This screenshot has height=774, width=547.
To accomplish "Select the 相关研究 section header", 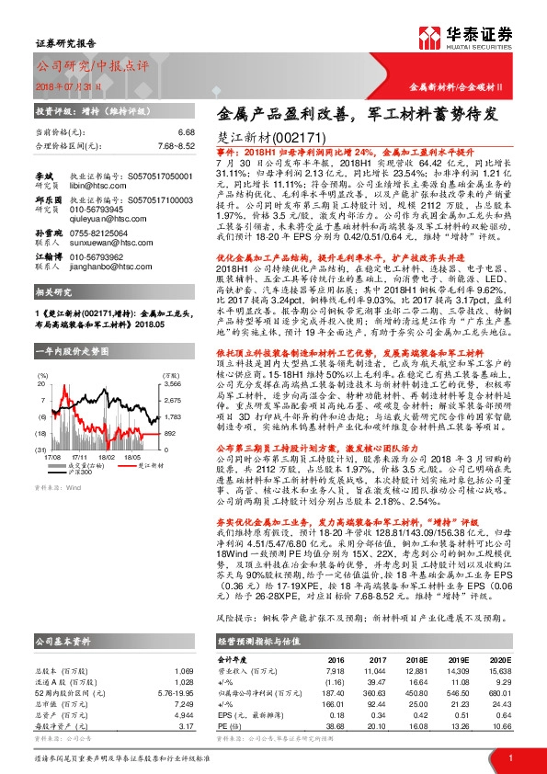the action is tap(53, 291).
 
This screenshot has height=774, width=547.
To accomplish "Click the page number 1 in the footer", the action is tap(508, 757).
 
